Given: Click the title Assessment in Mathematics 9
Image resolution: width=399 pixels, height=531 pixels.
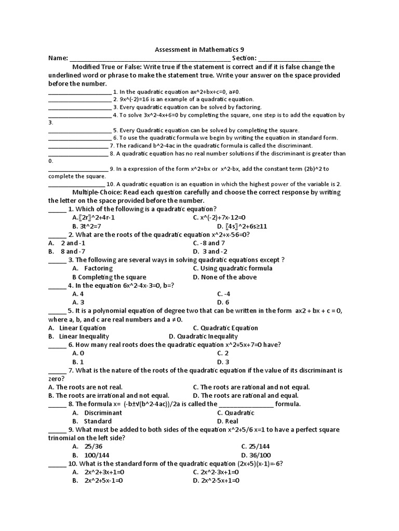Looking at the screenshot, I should [199, 49].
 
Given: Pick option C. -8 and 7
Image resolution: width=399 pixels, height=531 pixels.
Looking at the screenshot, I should [209, 243].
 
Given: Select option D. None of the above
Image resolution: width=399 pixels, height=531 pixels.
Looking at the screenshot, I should [224, 277].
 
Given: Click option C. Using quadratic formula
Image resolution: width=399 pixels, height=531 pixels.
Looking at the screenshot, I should [232, 268].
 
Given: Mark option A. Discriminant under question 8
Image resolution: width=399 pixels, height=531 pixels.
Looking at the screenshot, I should [97, 413].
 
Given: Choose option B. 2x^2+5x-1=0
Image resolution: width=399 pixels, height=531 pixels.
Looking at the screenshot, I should [98, 481].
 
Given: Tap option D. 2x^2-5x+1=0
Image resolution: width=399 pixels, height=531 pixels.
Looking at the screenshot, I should [216, 481].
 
